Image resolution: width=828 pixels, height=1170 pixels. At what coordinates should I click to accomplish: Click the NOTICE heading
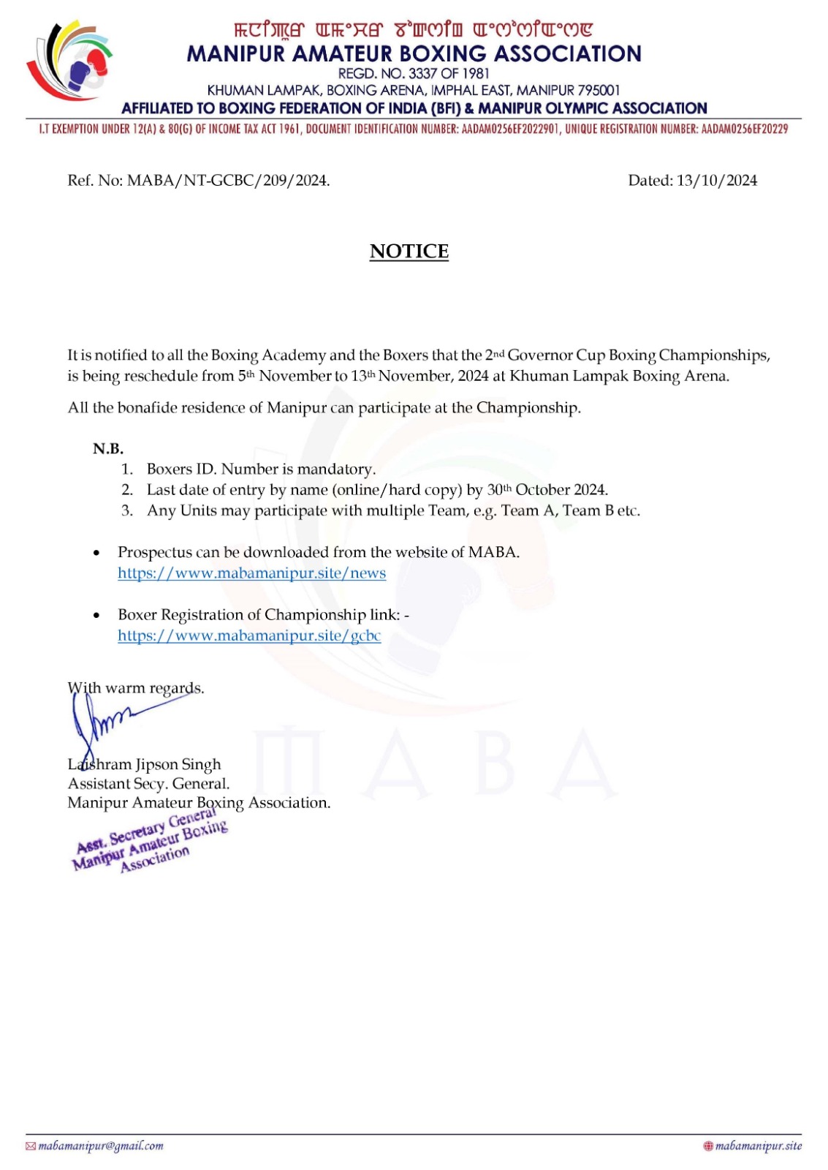(409, 251)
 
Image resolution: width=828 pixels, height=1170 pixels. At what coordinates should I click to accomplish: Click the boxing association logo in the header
(69, 60)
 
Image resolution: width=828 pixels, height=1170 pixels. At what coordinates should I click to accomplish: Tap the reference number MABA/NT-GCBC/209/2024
(228, 181)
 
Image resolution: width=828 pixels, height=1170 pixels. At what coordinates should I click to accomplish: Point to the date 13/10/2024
(716, 181)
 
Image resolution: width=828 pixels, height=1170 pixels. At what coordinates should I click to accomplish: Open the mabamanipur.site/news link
(251, 573)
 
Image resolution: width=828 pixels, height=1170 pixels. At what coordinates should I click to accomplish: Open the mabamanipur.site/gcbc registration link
(249, 635)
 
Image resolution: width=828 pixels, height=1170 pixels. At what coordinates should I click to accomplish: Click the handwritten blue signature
(110, 720)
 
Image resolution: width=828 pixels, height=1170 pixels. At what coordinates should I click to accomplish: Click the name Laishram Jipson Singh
(144, 764)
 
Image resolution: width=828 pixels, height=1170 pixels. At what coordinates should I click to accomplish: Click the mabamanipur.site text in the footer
(758, 1146)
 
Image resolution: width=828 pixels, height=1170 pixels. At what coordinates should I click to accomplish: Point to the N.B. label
(108, 448)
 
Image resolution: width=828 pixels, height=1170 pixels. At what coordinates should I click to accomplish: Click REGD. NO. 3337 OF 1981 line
(414, 73)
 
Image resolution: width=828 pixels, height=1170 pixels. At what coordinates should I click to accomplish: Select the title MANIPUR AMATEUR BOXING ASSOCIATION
(414, 53)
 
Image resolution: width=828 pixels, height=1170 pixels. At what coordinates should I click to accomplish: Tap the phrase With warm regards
(136, 688)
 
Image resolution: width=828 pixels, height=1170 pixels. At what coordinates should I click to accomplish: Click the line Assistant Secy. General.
(148, 783)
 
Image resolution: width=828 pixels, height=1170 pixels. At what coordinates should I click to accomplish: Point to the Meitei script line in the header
(414, 30)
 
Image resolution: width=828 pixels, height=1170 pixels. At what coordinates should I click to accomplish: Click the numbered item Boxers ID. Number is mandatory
(261, 469)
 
